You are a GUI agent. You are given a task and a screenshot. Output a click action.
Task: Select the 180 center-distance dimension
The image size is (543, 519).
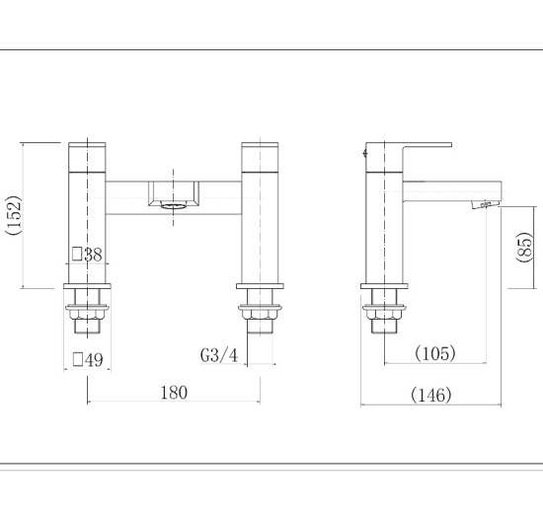pyautogui.click(x=173, y=393)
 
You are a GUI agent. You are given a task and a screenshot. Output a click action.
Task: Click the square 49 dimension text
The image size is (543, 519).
pyautogui.click(x=87, y=359)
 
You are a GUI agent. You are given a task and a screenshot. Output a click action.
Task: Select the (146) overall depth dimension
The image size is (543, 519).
pyautogui.click(x=431, y=395)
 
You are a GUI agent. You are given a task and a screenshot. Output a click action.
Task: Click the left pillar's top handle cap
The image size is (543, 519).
pyautogui.click(x=88, y=156)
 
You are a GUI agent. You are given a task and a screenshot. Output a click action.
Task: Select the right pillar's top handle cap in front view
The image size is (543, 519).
pyautogui.click(x=260, y=156)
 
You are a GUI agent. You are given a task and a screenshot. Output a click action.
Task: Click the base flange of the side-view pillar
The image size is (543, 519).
pyautogui.click(x=383, y=287)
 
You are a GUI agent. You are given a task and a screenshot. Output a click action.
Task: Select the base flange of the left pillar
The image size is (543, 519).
pyautogui.click(x=88, y=287)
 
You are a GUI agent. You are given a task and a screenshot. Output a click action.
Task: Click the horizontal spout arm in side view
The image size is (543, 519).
pyautogui.click(x=444, y=187)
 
